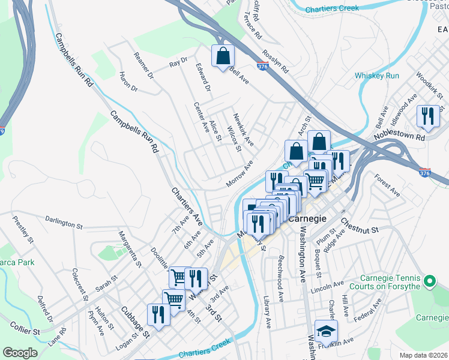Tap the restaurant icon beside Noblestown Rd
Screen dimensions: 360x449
[x=427, y=116]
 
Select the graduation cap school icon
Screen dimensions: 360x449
[x=326, y=331]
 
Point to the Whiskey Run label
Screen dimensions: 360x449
[x=376, y=76]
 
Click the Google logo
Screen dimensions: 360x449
[x=20, y=353]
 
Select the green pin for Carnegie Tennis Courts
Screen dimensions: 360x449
[x=429, y=281]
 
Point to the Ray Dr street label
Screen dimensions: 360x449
[x=178, y=62]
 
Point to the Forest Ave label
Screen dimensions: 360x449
[x=387, y=185]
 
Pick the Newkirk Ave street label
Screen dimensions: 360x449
[x=244, y=130]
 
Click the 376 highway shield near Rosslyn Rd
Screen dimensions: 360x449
[x=262, y=68]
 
